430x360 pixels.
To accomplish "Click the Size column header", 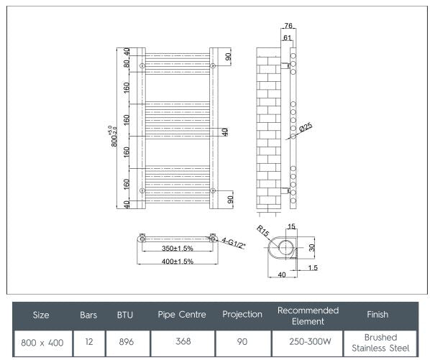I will (x=41, y=315).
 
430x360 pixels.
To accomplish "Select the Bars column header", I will (x=88, y=315).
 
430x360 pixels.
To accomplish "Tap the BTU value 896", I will (x=124, y=342).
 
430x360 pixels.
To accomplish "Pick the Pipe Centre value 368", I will (x=183, y=342).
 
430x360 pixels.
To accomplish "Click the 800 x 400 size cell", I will (x=41, y=342).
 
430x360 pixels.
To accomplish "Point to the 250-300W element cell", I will (x=307, y=342).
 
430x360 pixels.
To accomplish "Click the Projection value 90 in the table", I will (x=242, y=342).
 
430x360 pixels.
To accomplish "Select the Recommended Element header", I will (x=307, y=315).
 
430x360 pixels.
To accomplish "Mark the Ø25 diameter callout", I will (x=306, y=129).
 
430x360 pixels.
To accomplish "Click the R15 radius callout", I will (x=262, y=232).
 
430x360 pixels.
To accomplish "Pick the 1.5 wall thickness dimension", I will (x=314, y=267).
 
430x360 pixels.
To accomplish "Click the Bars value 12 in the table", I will (x=88, y=342).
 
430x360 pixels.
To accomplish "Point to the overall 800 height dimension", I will (x=114, y=137).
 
